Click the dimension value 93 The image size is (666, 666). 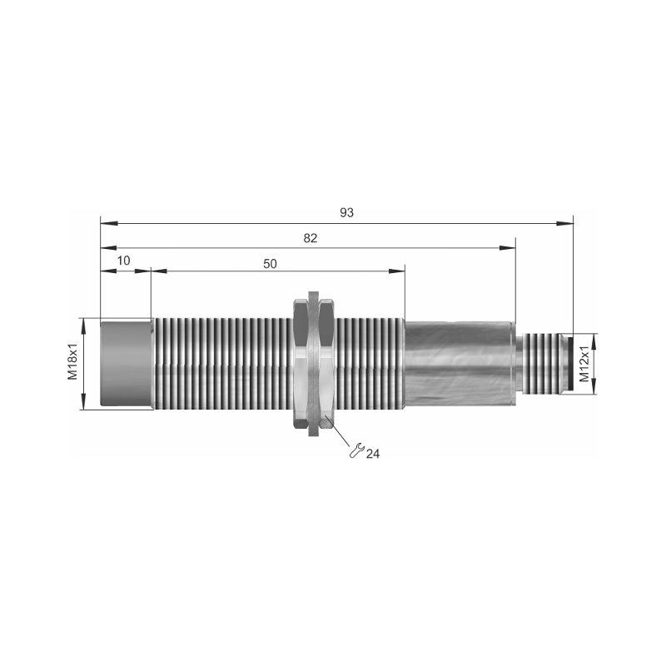click(346, 212)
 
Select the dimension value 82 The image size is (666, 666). click(311, 238)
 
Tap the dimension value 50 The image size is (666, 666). click(270, 264)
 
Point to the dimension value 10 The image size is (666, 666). click(123, 261)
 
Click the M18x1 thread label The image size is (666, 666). click(73, 362)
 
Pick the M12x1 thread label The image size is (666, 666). click(585, 364)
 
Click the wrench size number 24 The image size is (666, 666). click(372, 454)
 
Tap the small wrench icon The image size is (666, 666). click(356, 450)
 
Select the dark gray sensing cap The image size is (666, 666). click(127, 364)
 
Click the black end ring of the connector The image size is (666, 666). click(570, 364)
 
